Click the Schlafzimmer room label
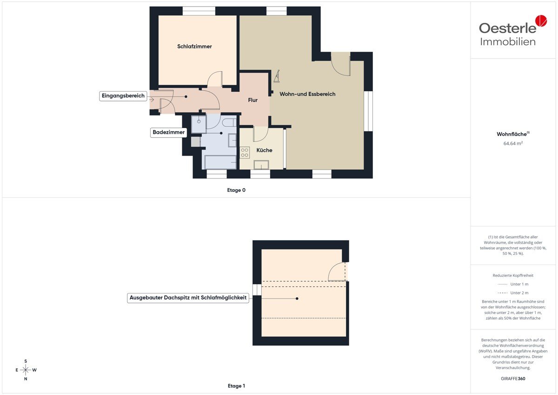coord(194,47)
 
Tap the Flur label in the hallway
coord(252,100)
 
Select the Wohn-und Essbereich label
coord(307,94)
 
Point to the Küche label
coord(264,150)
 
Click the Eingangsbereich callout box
coord(123,96)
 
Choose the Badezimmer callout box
coord(169,132)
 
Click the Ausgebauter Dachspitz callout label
coord(188,298)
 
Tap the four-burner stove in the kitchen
coord(245,153)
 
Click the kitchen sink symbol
coord(261,165)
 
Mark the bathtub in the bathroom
coord(220,162)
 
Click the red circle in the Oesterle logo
coord(541,20)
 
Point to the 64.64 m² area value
coord(513,143)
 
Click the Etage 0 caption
coord(236,190)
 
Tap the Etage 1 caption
coord(236,386)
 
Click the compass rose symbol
coord(26,370)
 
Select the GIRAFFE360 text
coord(513,379)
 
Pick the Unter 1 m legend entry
coord(513,284)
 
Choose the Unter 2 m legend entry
coord(513,293)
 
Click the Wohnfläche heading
coord(513,134)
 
